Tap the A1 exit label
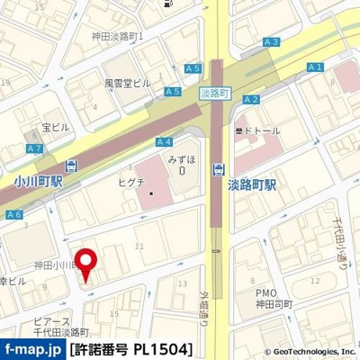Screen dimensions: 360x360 pos(314,67)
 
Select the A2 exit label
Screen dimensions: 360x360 pos(251,99)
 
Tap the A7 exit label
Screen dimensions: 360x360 pos(34,148)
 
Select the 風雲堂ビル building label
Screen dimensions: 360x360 pos(127,83)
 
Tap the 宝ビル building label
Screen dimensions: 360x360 pos(55,127)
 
